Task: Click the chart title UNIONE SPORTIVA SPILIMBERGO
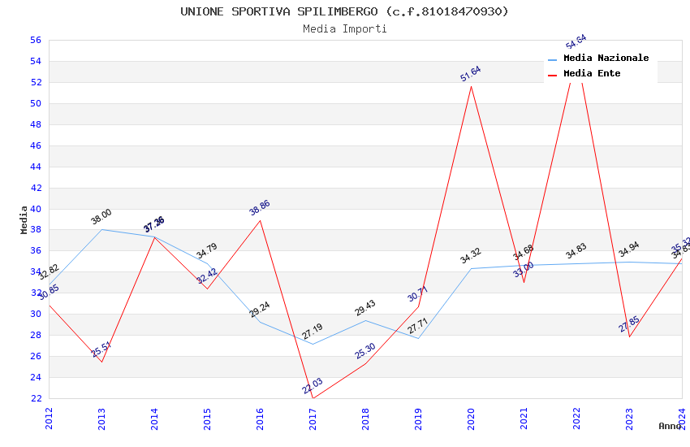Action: [344, 11]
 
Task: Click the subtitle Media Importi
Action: [344, 28]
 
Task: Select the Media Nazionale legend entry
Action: [606, 59]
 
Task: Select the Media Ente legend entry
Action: [592, 74]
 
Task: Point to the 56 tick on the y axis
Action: [36, 40]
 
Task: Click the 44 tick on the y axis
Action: [36, 167]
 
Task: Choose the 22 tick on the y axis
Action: [36, 398]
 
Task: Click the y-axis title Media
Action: [24, 219]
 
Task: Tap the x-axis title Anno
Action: [670, 426]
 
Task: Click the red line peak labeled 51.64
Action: [471, 86]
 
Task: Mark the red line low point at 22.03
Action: [313, 397]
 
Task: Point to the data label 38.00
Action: [101, 216]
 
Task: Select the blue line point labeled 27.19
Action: [313, 344]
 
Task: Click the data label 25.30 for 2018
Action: [365, 351]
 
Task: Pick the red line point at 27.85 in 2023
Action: [629, 336]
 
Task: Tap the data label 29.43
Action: [365, 308]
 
